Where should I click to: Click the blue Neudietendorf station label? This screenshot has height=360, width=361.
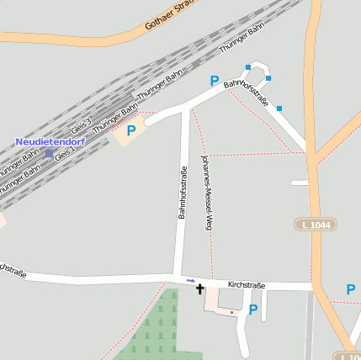pos(50,141)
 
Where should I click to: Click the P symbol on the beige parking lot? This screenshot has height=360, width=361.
pos(130,130)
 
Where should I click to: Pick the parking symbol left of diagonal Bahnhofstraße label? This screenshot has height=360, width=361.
pos(215,82)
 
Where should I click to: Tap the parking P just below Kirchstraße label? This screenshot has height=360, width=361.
pos(252,309)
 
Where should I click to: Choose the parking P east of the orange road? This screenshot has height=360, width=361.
pos(350,289)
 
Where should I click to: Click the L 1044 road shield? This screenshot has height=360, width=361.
pos(316,225)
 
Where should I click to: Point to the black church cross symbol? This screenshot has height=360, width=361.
pos(199,289)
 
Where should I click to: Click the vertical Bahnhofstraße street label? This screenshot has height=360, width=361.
pos(181,193)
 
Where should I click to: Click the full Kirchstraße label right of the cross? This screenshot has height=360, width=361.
pos(246,285)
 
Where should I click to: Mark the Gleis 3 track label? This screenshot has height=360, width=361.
pos(81,127)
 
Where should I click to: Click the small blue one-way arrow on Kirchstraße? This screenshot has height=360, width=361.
pos(190,280)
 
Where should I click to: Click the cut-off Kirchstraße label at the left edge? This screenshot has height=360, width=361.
pos(12,271)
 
